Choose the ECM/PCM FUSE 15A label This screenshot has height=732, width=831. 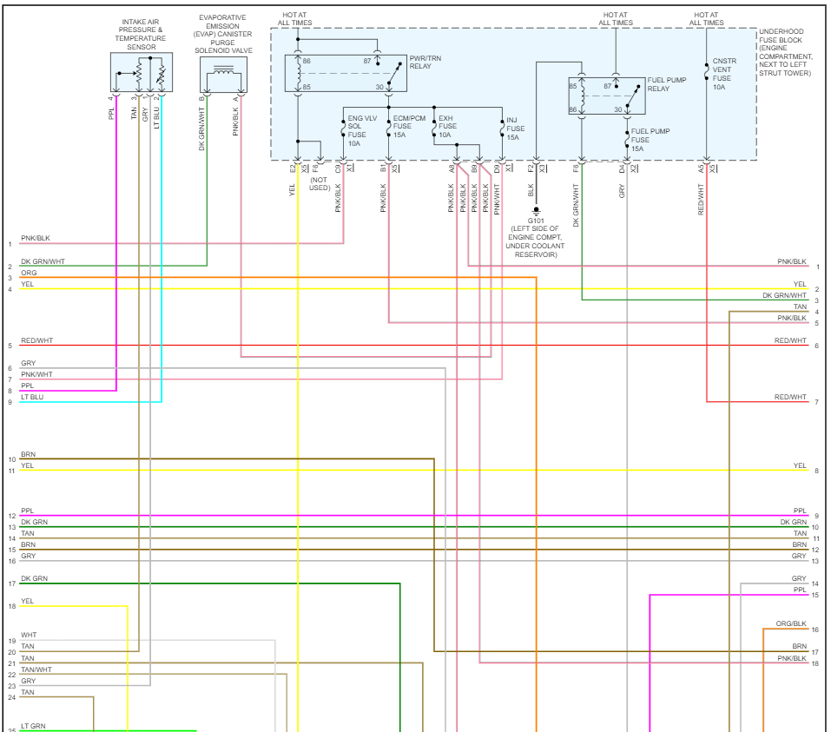click(x=409, y=127)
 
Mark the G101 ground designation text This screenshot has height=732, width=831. click(x=537, y=220)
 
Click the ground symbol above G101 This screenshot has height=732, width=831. click(x=537, y=209)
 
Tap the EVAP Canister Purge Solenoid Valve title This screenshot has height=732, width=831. click(x=222, y=33)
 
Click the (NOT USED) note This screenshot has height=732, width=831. click(x=320, y=183)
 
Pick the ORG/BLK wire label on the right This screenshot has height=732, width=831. click(x=791, y=624)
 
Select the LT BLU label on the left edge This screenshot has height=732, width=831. click(x=32, y=397)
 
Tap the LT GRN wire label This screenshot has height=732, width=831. click(x=33, y=726)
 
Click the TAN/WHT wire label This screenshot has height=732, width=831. click(x=36, y=669)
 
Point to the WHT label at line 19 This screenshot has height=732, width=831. click(x=29, y=636)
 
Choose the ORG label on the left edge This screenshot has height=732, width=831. click(x=29, y=273)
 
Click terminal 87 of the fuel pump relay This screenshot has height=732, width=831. click(x=608, y=86)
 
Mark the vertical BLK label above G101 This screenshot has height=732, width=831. click(x=530, y=190)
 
